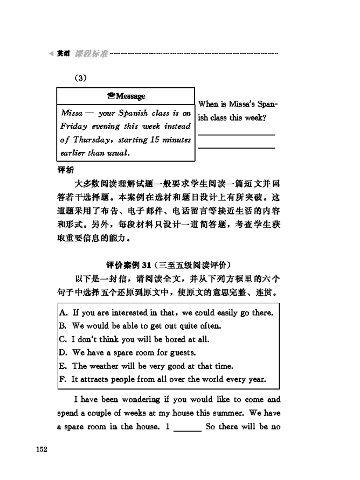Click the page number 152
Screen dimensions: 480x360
[42, 449]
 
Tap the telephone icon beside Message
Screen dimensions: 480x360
[110, 96]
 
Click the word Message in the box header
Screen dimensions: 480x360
[130, 96]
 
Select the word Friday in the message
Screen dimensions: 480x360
[73, 127]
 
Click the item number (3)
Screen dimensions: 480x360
[80, 78]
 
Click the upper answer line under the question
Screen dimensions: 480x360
[236, 134]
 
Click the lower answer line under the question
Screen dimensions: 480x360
[236, 147]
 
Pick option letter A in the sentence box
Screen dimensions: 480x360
[63, 312]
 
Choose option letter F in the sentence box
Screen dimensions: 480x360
[63, 379]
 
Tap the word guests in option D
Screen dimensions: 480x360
[183, 353]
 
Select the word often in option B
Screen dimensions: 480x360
[210, 326]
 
